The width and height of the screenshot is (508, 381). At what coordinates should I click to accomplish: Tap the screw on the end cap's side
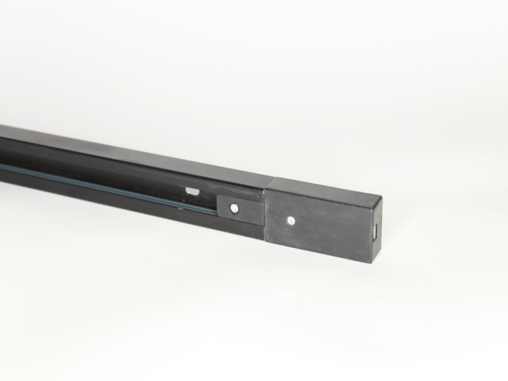pos(290,220)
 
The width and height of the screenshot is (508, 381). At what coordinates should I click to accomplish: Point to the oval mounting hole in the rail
pos(192,191)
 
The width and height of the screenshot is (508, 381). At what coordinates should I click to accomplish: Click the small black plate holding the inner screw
pos(241,209)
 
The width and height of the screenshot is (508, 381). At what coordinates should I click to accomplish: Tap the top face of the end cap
pos(325,187)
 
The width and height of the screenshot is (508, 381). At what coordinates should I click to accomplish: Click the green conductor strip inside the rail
pos(102,183)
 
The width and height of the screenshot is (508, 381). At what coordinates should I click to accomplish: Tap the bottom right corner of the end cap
pos(369,262)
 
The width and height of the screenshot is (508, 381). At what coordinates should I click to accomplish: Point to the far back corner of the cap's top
pos(275,177)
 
